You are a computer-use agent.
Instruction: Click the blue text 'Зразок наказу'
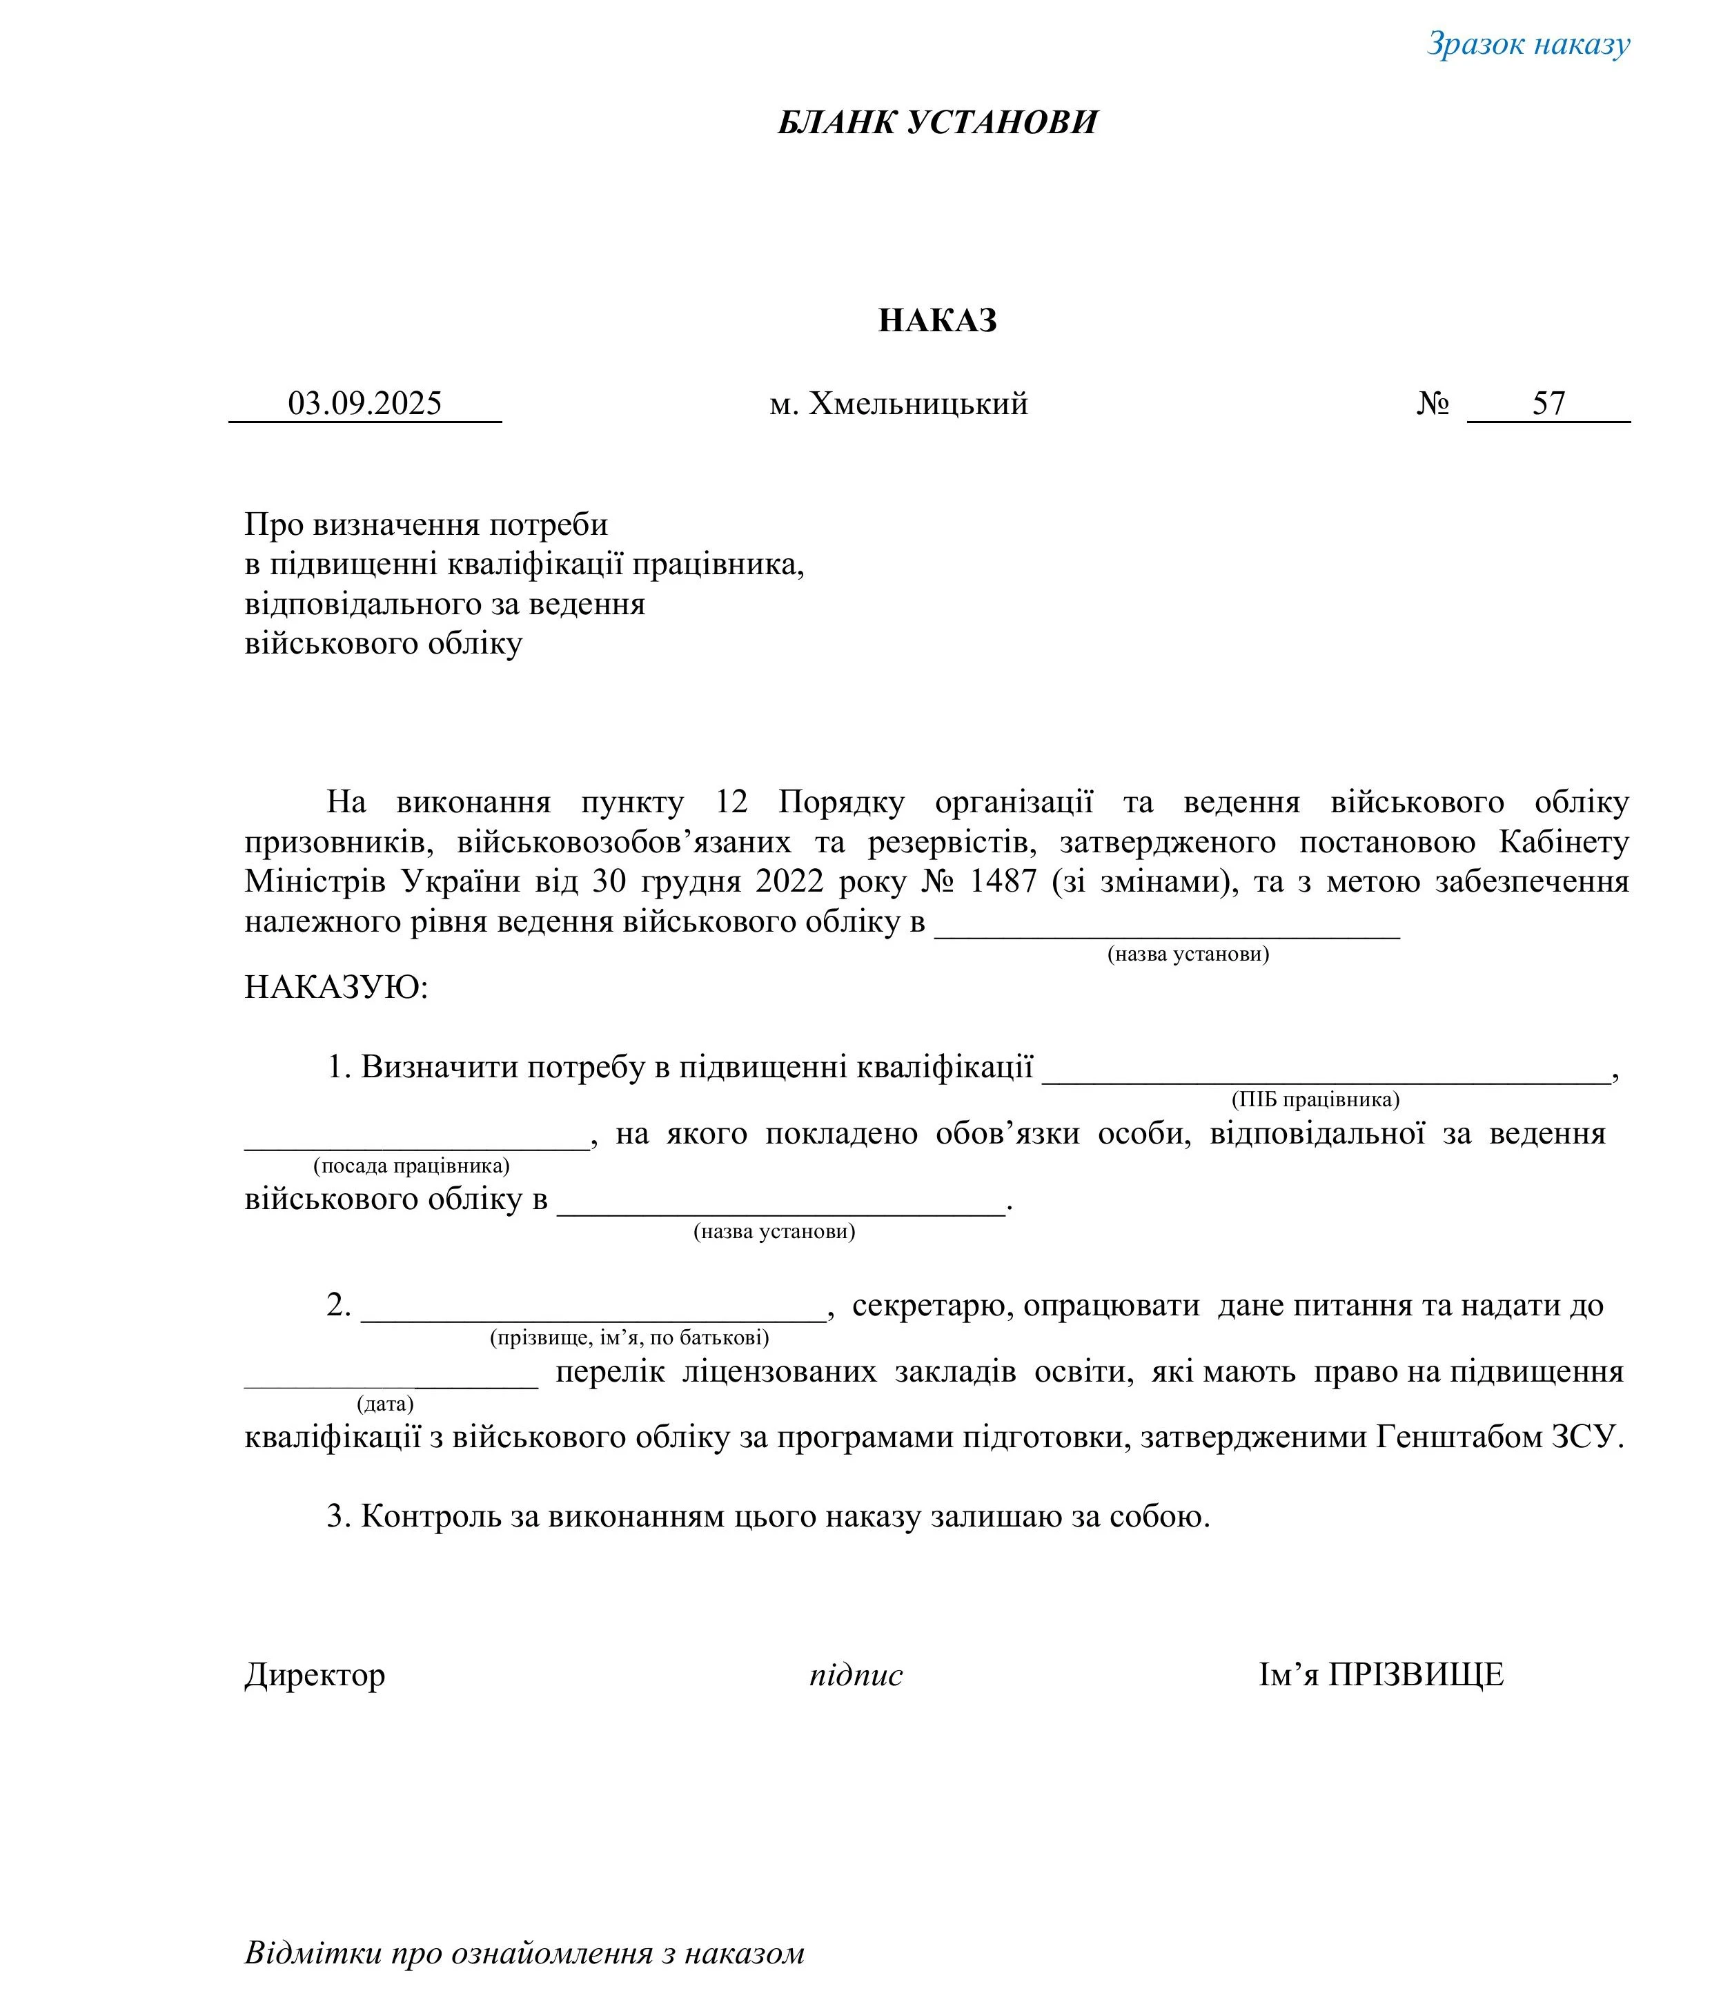[x=1528, y=44]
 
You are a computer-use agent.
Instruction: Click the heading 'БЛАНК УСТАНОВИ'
[x=936, y=123]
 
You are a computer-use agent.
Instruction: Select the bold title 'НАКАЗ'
[x=936, y=320]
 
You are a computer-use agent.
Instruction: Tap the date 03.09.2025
[x=365, y=404]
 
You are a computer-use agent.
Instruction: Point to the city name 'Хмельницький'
[x=918, y=404]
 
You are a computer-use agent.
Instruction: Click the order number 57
[x=1548, y=404]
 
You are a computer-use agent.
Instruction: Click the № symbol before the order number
[x=1433, y=404]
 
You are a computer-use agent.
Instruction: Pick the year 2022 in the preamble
[x=789, y=882]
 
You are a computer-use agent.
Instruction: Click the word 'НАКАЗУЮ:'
[x=336, y=987]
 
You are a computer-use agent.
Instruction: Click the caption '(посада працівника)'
[x=411, y=1166]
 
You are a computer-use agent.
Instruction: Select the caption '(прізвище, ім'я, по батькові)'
[x=629, y=1337]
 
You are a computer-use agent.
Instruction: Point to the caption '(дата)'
[x=385, y=1404]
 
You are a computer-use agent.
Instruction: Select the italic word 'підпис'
[x=855, y=1675]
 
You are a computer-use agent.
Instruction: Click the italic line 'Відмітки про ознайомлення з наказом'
[x=524, y=1952]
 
